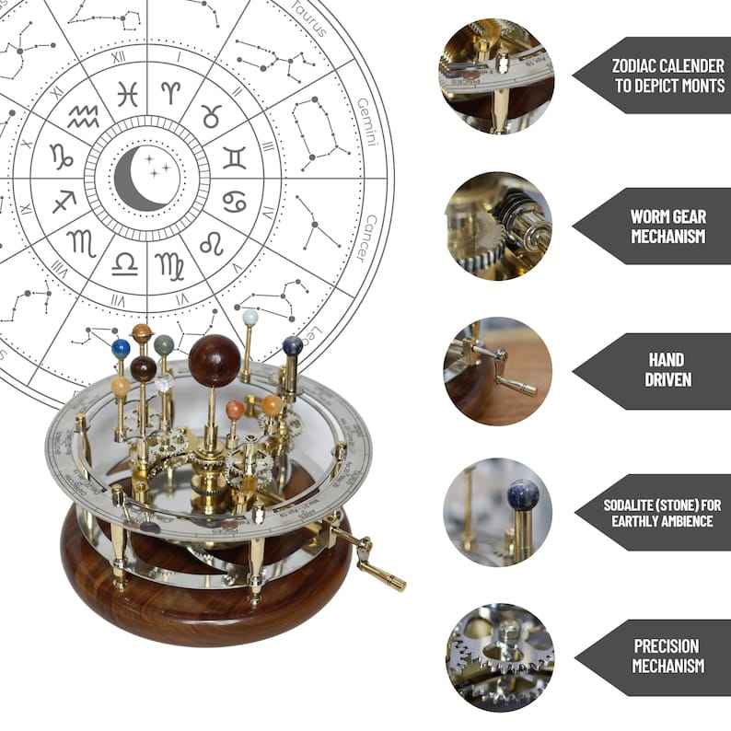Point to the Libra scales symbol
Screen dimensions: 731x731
125,264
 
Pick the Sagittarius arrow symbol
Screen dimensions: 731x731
64,200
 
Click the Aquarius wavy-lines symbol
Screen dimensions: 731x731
85,115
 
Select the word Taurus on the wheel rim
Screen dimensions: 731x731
309,17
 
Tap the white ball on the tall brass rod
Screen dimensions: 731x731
249,318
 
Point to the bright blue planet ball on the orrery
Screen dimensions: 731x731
122,348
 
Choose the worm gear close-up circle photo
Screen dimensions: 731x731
498,225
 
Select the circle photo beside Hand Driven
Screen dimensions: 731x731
498,368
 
